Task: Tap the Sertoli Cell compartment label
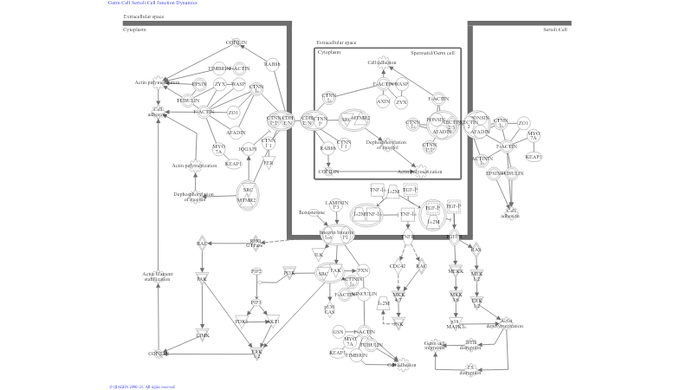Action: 555,29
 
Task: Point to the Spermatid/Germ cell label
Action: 432,52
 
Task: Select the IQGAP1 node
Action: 247,148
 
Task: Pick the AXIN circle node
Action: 383,101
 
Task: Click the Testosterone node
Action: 311,211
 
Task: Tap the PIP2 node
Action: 256,272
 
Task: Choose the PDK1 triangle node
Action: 241,321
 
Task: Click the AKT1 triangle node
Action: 272,321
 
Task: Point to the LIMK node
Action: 203,335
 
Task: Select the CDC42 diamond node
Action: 399,266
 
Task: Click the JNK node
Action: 399,323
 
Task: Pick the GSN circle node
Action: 339,331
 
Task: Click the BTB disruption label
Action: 471,344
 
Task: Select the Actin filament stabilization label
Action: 158,276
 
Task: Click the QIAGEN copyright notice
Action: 142,387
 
